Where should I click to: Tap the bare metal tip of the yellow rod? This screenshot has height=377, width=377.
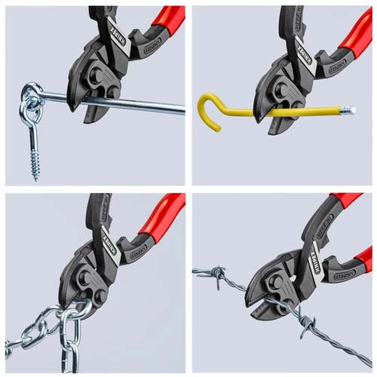347,111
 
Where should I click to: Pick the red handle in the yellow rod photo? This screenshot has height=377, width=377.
354,30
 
